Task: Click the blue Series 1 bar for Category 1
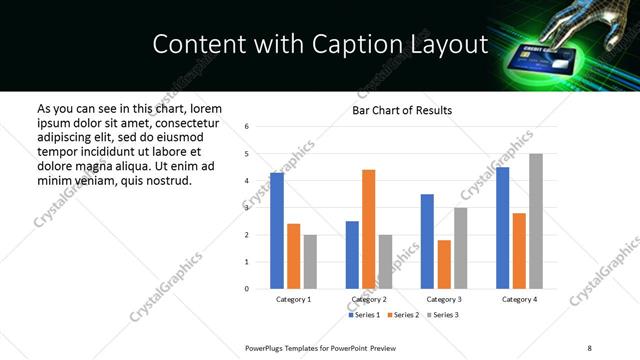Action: [x=277, y=231]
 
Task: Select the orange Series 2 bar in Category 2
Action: [x=368, y=229]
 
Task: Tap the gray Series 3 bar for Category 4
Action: [x=536, y=221]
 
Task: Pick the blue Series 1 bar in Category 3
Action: [x=427, y=241]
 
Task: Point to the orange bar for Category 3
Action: [x=444, y=264]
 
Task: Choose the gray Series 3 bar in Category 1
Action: [x=310, y=262]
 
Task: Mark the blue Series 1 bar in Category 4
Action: [x=502, y=228]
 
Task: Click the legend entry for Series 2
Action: [x=404, y=315]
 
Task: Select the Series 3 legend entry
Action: [x=444, y=315]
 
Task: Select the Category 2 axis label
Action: [x=369, y=300]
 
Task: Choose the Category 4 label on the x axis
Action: [x=519, y=300]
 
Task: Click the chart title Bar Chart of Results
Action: [x=402, y=110]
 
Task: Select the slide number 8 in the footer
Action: [x=589, y=348]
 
